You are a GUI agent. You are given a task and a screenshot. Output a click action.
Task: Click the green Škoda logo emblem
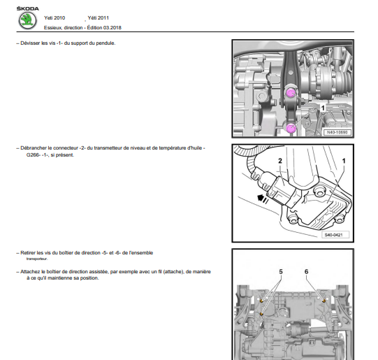click(27, 21)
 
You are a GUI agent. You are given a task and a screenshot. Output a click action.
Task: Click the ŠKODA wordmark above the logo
click(27, 8)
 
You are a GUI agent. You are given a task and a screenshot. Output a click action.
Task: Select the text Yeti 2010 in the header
click(54, 18)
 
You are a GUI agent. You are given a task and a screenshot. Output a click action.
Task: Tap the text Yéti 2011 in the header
click(98, 18)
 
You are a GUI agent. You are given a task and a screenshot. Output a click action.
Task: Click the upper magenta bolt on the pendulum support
click(291, 93)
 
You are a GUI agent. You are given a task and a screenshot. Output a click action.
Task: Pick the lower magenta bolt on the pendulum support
click(291, 128)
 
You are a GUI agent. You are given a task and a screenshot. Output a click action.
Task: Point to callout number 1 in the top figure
click(323, 108)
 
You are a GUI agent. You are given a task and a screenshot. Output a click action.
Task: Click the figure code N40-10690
click(337, 132)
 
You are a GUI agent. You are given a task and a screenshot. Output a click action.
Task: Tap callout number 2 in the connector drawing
click(280, 161)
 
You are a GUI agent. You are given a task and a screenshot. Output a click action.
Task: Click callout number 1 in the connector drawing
click(344, 161)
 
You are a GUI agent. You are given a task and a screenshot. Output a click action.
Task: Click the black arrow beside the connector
click(263, 199)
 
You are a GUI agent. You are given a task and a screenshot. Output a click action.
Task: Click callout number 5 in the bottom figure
click(281, 272)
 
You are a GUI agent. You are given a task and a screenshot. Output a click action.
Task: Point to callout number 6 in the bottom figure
click(306, 272)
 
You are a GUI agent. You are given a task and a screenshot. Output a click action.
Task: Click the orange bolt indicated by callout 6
click(324, 301)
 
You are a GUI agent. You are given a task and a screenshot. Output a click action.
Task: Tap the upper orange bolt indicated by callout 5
click(261, 301)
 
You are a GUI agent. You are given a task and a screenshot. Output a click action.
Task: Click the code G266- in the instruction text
click(33, 155)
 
